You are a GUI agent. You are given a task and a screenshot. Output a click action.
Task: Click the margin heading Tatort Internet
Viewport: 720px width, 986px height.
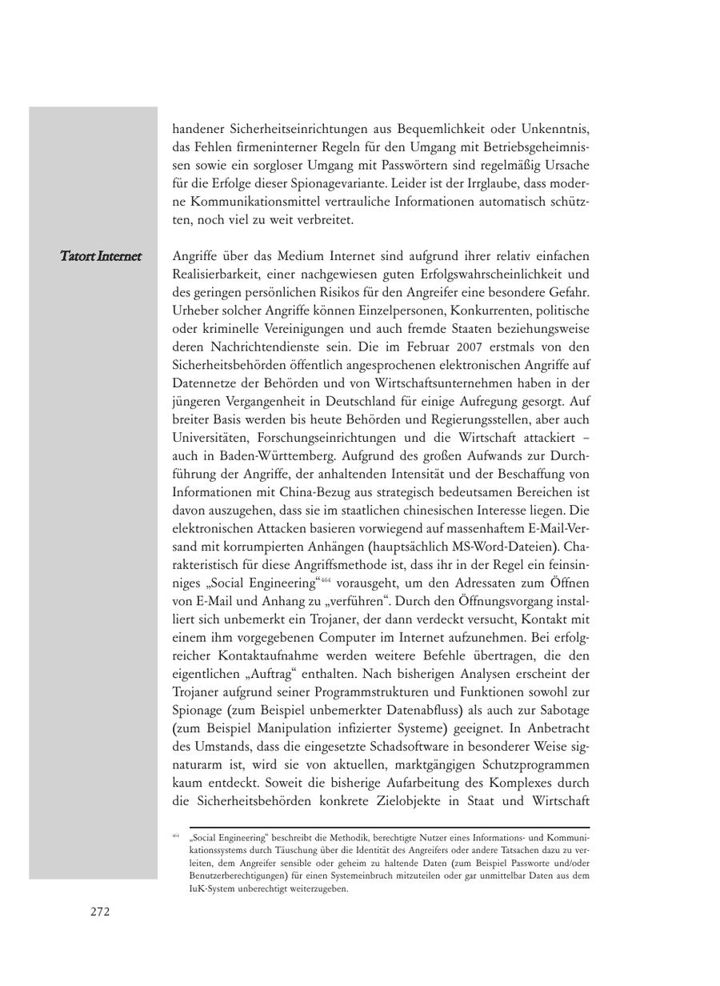[x=101, y=256]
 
